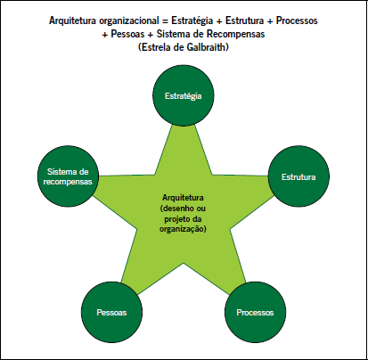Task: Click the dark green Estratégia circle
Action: (184, 95)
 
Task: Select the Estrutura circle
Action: (298, 176)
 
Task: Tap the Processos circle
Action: (256, 312)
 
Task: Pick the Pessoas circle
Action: (111, 312)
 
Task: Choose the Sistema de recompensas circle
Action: (68, 176)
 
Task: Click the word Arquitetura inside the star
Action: (183, 198)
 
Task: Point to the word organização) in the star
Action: (183, 229)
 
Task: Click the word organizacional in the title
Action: (129, 20)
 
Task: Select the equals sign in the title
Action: (165, 21)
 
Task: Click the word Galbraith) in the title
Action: (208, 47)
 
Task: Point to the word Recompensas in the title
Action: (236, 34)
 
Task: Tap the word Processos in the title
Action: (297, 20)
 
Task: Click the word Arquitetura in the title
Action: (73, 20)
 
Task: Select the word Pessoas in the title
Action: (127, 34)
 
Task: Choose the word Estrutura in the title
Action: (244, 20)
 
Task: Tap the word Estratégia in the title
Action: (192, 20)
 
